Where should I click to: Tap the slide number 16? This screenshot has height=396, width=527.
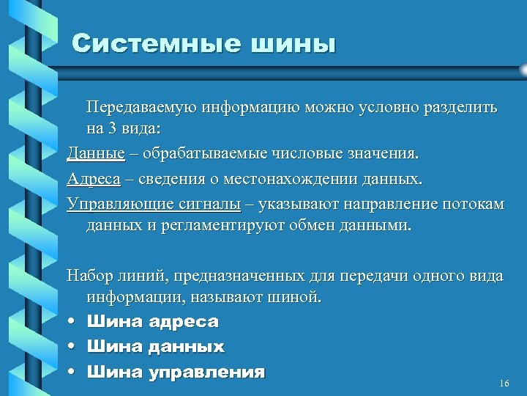point(503,384)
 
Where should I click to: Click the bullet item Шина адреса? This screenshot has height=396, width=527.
point(152,321)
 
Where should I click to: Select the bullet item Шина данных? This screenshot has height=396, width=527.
point(155,346)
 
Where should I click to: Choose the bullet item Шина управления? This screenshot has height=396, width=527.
point(175,372)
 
